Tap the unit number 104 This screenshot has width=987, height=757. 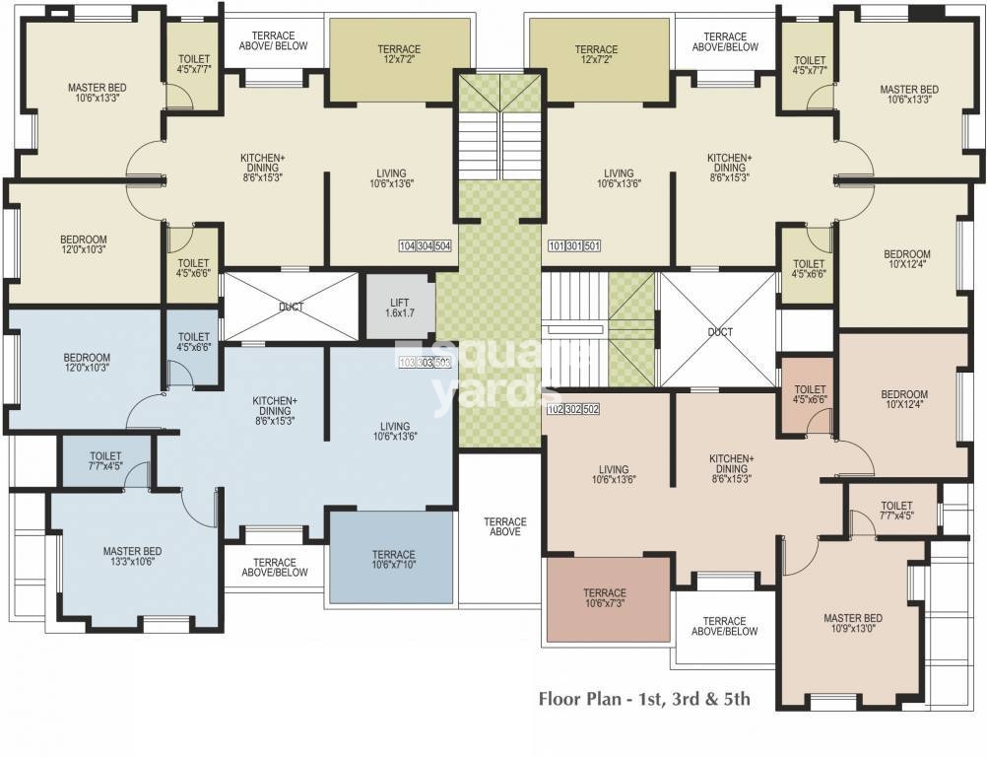(407, 246)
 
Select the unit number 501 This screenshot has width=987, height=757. (592, 246)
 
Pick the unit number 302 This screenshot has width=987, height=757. (573, 409)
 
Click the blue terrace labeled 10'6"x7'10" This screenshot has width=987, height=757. (392, 558)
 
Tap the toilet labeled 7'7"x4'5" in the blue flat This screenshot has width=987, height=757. (105, 461)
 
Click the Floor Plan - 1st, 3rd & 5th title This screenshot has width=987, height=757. (644, 699)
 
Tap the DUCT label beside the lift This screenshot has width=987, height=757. (291, 308)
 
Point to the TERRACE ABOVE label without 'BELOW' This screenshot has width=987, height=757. (505, 526)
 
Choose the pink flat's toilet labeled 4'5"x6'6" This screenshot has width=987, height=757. (810, 394)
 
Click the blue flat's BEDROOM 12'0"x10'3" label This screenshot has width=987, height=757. (87, 362)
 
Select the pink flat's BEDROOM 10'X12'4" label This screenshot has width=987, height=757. (904, 399)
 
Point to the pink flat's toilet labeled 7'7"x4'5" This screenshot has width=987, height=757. (896, 511)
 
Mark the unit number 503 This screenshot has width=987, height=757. (443, 363)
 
